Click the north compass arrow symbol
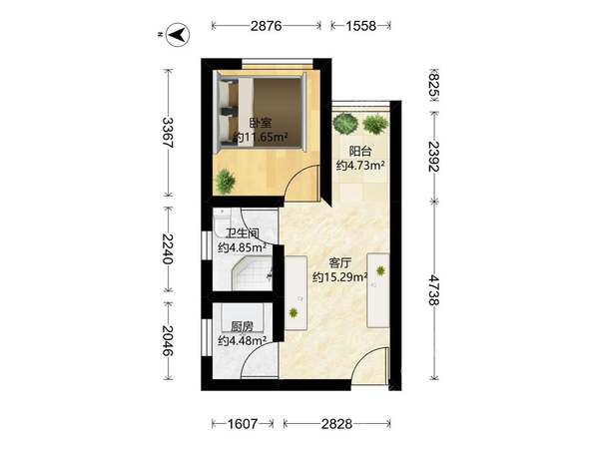(178, 35)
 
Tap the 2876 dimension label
(267, 26)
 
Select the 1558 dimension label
(361, 26)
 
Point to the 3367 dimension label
(168, 133)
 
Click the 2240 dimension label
(168, 248)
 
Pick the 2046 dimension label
(168, 340)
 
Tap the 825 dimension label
(434, 86)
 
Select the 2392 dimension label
(434, 157)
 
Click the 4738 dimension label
(434, 289)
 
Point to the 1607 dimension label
(243, 424)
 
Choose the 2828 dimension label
(336, 424)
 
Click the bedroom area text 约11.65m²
(261, 137)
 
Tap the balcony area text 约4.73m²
(360, 166)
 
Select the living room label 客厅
(340, 263)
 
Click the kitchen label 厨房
(242, 327)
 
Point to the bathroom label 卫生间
(243, 233)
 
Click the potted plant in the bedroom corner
(225, 182)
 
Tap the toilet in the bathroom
(222, 222)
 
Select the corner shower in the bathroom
(252, 273)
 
